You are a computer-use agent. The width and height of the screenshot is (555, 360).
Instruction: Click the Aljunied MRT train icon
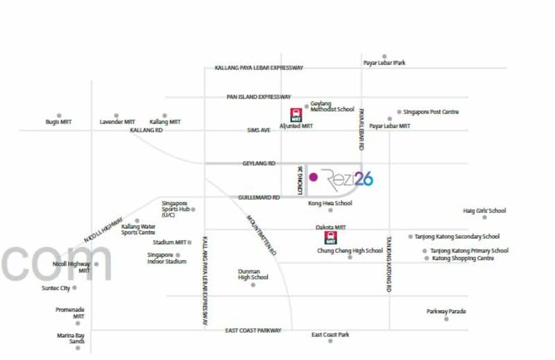coord(296,115)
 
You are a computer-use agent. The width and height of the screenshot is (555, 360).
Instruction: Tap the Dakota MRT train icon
coord(331,237)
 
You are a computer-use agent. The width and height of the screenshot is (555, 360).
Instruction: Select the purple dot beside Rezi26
coord(314,177)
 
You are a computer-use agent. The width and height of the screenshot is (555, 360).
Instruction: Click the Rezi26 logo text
coord(347,180)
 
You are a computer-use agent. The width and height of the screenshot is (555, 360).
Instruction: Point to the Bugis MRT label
coord(58,122)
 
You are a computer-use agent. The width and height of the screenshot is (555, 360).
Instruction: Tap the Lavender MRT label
coord(117,122)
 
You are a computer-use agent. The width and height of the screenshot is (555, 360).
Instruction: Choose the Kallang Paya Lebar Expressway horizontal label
coord(259,67)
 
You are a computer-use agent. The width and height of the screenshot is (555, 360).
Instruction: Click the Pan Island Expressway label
coord(259,96)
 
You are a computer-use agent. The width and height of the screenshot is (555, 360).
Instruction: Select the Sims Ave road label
coord(259,130)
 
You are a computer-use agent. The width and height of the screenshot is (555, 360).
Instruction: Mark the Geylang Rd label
coord(259,163)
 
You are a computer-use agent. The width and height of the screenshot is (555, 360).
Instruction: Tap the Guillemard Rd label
coord(259,197)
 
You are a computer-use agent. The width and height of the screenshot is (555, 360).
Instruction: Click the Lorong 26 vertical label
coord(300,180)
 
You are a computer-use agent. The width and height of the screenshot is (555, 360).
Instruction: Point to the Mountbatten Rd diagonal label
coord(262,235)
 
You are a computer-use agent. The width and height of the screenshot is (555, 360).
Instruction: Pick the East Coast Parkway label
coord(253,330)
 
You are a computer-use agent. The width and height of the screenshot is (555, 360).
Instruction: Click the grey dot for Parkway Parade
coord(446,319)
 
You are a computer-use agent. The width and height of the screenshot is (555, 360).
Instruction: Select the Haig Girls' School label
coord(484,211)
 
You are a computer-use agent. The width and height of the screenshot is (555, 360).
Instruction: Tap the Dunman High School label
coord(253,275)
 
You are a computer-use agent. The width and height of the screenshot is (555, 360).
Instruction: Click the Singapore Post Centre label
coord(431,112)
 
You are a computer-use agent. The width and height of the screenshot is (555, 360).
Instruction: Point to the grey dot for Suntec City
coord(74,288)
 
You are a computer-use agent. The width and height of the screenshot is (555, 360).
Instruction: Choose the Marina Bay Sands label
coord(71,338)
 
